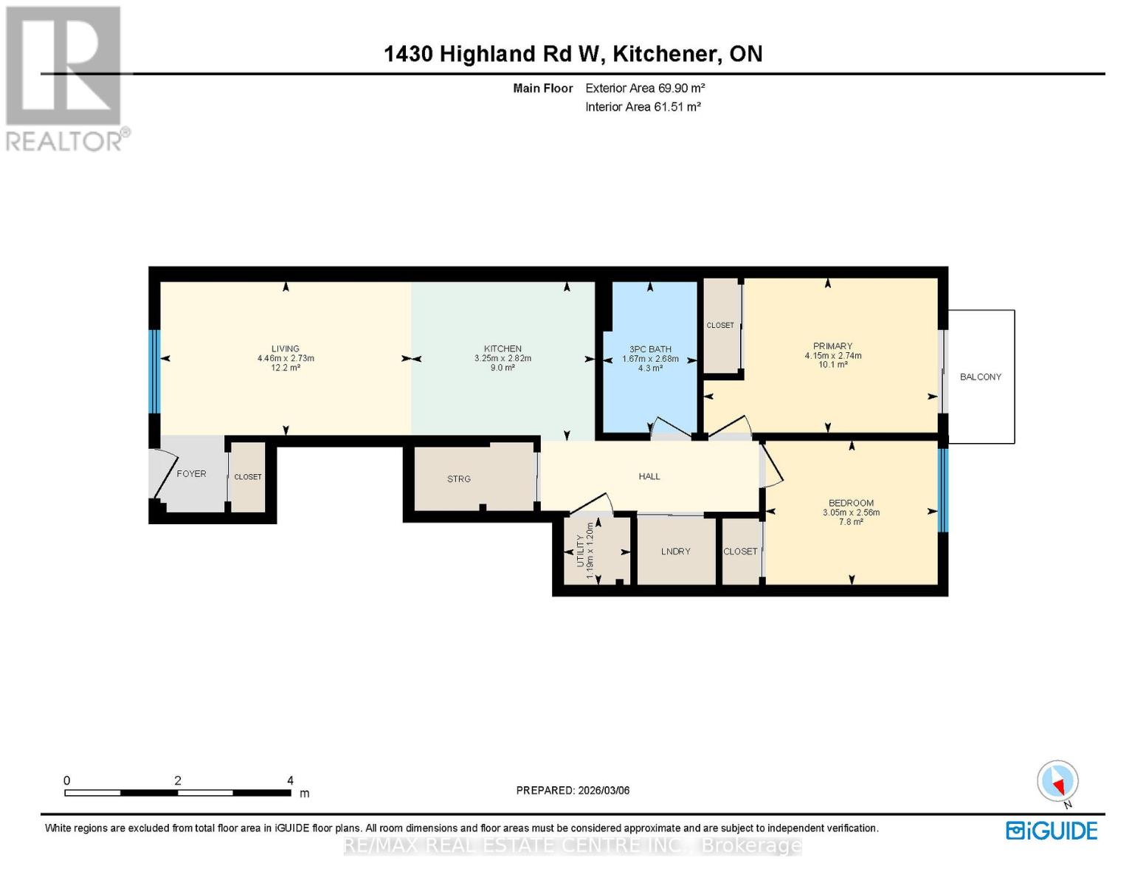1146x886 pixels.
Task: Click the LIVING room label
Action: [285, 348]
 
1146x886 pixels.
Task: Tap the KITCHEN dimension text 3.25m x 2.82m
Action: [503, 358]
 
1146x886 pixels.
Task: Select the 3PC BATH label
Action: [649, 349]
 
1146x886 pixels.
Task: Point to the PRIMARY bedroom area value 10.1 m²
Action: [832, 365]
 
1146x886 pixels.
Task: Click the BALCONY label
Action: [980, 377]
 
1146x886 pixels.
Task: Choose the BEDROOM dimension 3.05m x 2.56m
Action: [851, 512]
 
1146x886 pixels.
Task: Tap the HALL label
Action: [649, 476]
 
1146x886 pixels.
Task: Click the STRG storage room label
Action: [458, 479]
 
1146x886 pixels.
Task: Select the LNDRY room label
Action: [675, 552]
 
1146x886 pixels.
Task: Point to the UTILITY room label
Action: [580, 551]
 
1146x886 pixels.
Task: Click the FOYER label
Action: [191, 474]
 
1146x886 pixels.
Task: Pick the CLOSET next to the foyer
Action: [248, 477]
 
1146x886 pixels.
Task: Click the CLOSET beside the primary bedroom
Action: [720, 326]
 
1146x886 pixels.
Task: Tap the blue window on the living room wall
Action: [154, 371]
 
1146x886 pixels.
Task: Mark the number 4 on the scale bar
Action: [290, 780]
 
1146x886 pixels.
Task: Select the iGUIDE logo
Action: [1052, 831]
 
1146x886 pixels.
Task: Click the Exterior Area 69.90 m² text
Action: [645, 88]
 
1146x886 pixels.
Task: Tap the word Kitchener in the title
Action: [664, 54]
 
